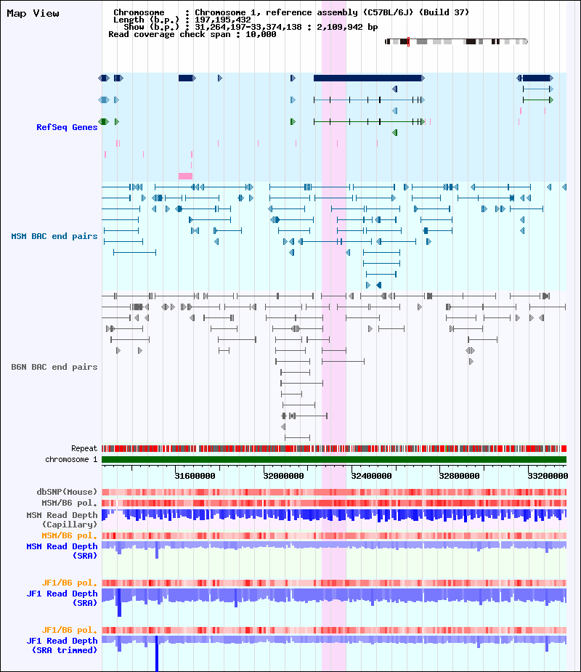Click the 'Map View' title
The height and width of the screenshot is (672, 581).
[33, 13]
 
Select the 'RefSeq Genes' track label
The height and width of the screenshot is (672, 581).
[67, 127]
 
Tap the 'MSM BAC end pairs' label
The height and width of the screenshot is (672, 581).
[54, 236]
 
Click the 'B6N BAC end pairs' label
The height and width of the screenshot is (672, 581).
[54, 367]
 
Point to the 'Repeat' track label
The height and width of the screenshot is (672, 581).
[84, 449]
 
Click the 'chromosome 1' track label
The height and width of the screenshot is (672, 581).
[72, 459]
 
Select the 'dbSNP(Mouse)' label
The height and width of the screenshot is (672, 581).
[67, 492]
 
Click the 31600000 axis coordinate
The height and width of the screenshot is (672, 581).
[195, 476]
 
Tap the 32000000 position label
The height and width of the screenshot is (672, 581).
[284, 476]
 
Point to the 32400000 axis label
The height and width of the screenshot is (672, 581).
[372, 476]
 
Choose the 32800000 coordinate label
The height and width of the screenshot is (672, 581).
[459, 476]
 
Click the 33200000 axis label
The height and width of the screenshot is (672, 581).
[548, 476]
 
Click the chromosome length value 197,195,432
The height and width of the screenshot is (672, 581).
[223, 20]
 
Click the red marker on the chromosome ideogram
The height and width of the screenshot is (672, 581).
[408, 41]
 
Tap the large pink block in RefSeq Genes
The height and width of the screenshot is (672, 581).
[185, 176]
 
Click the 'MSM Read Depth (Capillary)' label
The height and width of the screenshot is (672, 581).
[62, 519]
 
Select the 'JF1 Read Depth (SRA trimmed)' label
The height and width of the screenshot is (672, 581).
[62, 645]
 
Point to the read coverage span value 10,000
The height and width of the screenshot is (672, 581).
[261, 34]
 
